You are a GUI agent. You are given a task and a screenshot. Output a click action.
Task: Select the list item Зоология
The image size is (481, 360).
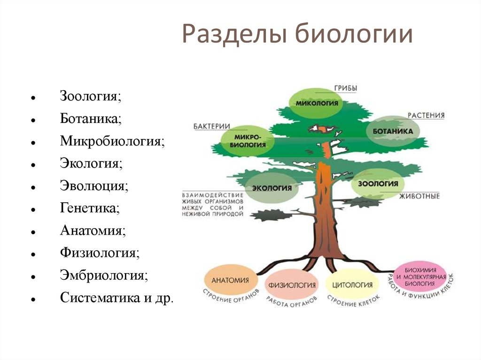(x=90, y=96)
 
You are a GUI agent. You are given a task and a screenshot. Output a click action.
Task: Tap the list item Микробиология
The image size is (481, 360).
(x=112, y=141)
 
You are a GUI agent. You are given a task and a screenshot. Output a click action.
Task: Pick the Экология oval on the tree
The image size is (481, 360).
(x=272, y=188)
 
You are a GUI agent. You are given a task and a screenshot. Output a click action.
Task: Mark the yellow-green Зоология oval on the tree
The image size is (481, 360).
(x=378, y=184)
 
